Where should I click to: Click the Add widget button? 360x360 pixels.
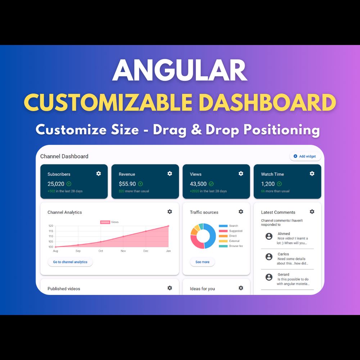coord(305,156)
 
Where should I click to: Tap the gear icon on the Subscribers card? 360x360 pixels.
coord(99,174)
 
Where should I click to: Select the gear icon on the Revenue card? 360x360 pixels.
coord(170,174)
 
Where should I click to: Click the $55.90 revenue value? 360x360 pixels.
coord(127,184)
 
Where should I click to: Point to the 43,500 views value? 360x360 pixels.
coord(198,184)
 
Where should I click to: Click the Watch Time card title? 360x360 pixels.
coord(272,174)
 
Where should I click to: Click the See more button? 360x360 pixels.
coord(202,262)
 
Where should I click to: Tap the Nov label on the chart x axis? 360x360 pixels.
coord(123,251)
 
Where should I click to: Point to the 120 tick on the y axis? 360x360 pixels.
coord(51,226)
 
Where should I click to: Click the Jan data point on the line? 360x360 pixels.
coord(168,226)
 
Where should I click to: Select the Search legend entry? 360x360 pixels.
coord(229,226)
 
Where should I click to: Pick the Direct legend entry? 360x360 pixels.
coord(228,236)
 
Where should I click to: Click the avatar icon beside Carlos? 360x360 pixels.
coord(269,257)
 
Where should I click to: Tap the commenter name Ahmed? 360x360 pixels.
coord(284,234)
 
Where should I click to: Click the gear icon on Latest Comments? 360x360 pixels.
coord(312,211)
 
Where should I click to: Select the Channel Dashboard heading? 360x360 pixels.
coord(64,156)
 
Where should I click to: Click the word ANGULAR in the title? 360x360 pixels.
coord(180,70)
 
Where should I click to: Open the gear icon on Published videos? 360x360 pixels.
coord(170,288)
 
